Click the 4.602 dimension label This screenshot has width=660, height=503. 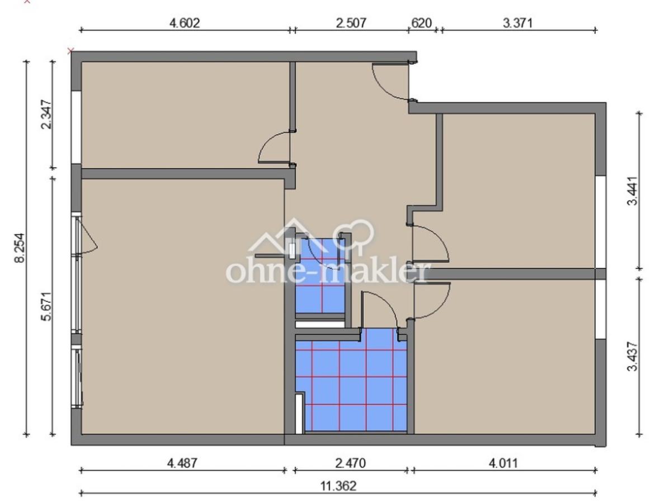point(185,22)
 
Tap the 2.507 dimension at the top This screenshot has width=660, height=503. point(351,22)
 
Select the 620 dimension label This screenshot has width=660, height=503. point(421,22)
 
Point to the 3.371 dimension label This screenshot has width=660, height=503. point(518,22)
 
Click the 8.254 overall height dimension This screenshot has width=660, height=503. point(20,248)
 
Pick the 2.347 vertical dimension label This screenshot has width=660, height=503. point(46,115)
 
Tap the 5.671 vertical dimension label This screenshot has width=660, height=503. point(46,306)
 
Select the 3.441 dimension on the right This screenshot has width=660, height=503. point(633,191)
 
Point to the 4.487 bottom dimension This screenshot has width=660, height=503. point(182,463)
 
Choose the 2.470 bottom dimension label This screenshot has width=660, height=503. point(351,463)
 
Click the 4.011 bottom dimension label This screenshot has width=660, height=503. point(503,463)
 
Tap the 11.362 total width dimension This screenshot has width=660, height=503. point(338,486)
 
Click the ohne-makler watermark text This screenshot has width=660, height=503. point(328,272)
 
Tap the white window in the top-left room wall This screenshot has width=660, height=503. point(76,127)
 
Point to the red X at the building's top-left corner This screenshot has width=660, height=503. point(70,51)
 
